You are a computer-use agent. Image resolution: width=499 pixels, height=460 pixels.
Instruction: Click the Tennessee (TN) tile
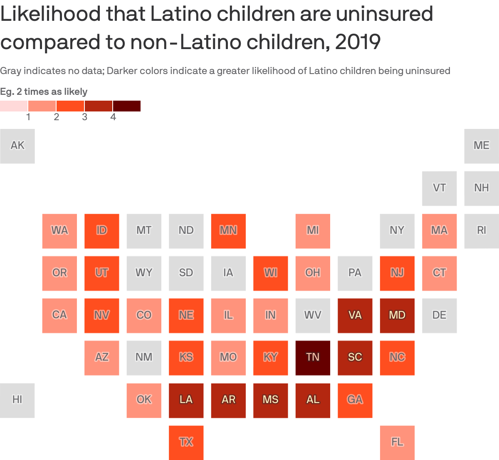coord(313,358)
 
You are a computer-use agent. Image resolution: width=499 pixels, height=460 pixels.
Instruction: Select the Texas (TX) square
coord(186,442)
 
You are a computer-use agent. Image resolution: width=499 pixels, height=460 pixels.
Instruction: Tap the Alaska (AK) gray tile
coord(17,146)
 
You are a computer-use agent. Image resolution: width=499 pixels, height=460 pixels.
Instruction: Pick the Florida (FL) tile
coord(397,442)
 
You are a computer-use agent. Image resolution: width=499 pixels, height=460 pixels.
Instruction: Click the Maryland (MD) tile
coord(397,315)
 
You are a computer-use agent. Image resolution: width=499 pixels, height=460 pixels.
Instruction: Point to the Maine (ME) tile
coord(482,146)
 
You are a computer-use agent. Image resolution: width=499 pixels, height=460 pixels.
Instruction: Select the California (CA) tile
coord(59,315)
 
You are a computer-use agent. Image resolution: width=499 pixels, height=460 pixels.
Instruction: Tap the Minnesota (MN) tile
coord(228,231)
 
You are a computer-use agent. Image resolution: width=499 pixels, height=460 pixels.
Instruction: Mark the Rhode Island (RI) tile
coord(482,231)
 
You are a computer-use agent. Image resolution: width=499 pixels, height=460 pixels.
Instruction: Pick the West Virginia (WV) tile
coord(313,315)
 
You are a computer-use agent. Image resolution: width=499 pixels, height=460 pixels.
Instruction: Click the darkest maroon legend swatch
coord(126,106)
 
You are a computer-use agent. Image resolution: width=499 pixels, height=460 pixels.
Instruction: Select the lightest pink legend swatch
coord(14,106)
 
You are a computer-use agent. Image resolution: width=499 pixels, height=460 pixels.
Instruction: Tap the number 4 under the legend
coord(113,117)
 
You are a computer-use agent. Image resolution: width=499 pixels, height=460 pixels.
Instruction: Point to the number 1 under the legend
coord(28,117)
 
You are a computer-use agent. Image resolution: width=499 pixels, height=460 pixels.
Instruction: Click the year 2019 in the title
coord(358,42)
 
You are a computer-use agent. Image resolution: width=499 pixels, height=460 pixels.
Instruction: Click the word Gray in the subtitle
coord(10,71)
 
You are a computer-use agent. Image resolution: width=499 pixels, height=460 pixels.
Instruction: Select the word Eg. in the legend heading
coord(7,92)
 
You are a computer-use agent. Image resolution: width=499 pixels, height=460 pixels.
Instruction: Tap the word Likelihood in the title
coord(50,14)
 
